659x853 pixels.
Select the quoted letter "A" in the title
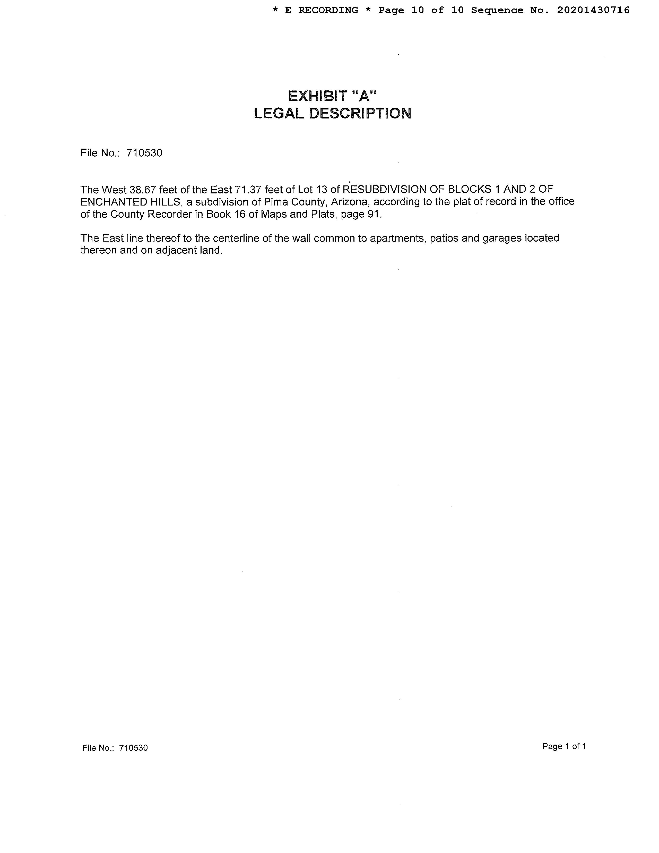[x=363, y=96]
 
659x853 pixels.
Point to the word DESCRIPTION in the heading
[x=360, y=114]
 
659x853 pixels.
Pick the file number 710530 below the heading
[x=144, y=153]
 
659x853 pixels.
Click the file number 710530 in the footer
[x=133, y=748]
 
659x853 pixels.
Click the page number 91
[x=373, y=215]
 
